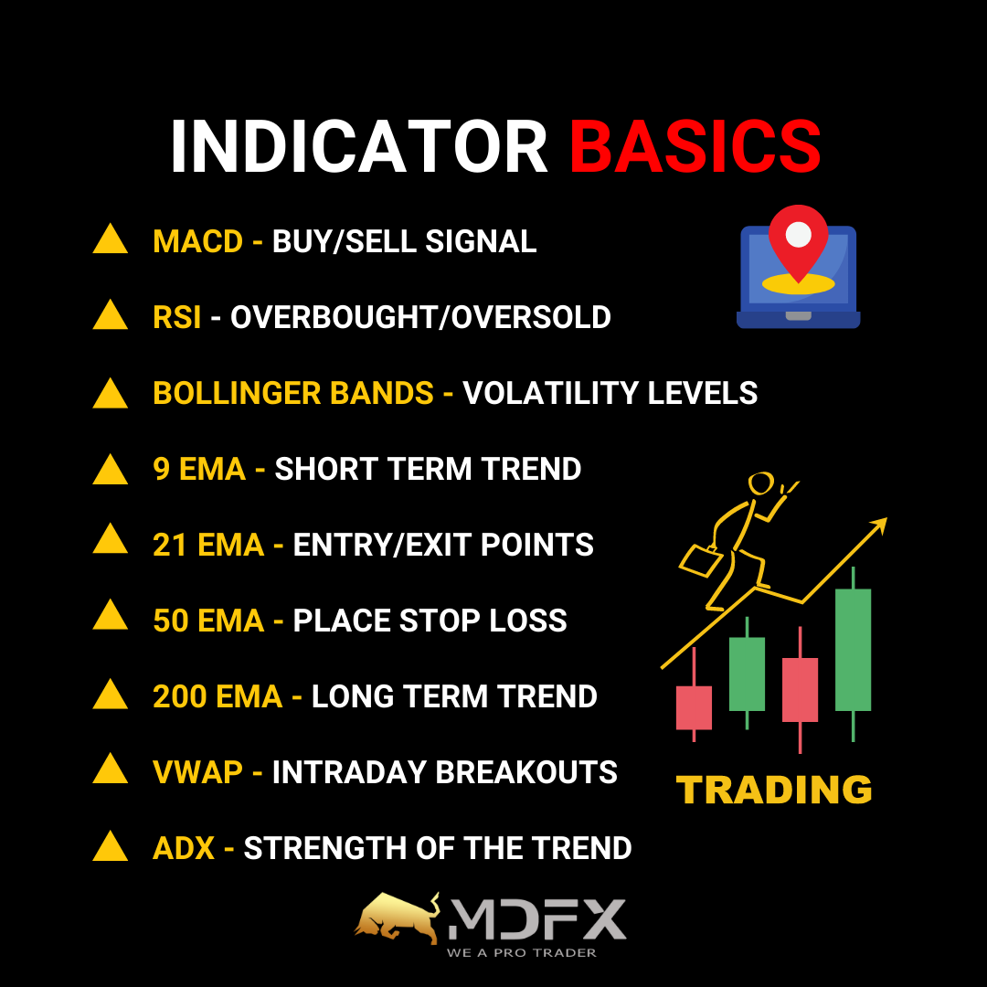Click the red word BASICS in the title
[695, 146]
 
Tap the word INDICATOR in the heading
[359, 146]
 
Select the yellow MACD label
[197, 241]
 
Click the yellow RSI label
[177, 317]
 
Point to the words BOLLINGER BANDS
[293, 393]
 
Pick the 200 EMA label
[218, 696]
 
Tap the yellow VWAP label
[197, 772]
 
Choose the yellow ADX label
[184, 848]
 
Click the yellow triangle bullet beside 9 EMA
[111, 470]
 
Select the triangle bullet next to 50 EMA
[111, 615]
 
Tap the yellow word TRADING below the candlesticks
[774, 790]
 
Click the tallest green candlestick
[853, 650]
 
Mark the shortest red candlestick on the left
[694, 706]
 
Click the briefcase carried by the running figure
[701, 560]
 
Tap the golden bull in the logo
[398, 918]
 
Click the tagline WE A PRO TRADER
[521, 953]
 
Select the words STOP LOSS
[483, 621]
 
